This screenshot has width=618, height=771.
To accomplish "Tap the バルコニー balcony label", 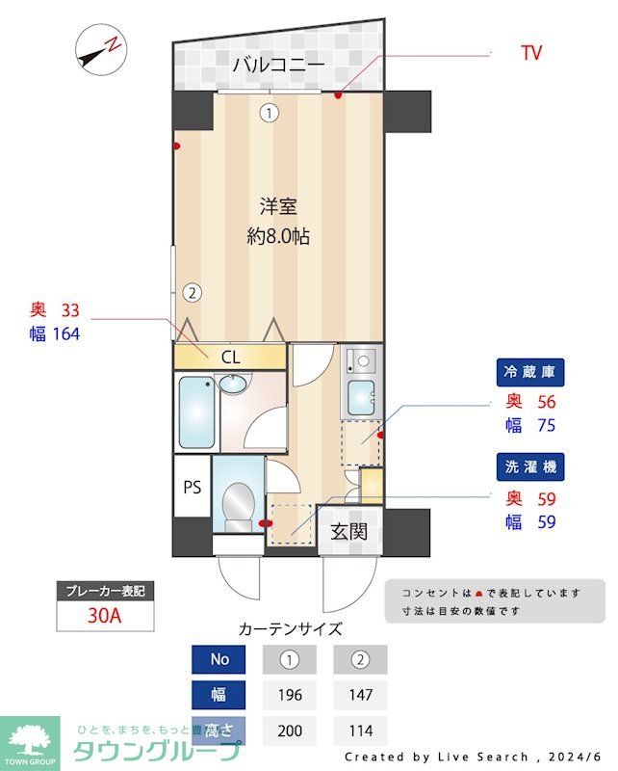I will [x=278, y=66].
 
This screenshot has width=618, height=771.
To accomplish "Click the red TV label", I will [x=530, y=53].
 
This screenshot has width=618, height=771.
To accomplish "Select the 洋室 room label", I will [x=278, y=205].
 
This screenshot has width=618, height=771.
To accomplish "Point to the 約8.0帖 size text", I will [x=278, y=236].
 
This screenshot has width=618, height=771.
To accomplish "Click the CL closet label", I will [x=230, y=357].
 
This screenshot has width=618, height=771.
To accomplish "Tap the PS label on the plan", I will [x=193, y=486].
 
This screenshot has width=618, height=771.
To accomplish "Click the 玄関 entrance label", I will [x=348, y=530].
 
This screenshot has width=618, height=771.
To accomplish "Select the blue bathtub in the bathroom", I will [x=196, y=412].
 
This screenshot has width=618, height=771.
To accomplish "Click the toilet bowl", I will [x=236, y=503].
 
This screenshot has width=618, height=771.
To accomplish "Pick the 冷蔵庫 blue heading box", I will [x=530, y=372].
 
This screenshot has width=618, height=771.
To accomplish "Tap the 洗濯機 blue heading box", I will [x=530, y=467].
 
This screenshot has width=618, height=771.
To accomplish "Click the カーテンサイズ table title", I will [x=290, y=629].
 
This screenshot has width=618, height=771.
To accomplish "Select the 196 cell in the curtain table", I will [x=290, y=695].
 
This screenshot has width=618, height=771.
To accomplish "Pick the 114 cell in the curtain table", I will [x=360, y=730].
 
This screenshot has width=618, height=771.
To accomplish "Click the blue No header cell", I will [x=219, y=660].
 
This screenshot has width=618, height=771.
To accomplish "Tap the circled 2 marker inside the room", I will [x=193, y=291].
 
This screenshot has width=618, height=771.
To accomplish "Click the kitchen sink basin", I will [x=361, y=396].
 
